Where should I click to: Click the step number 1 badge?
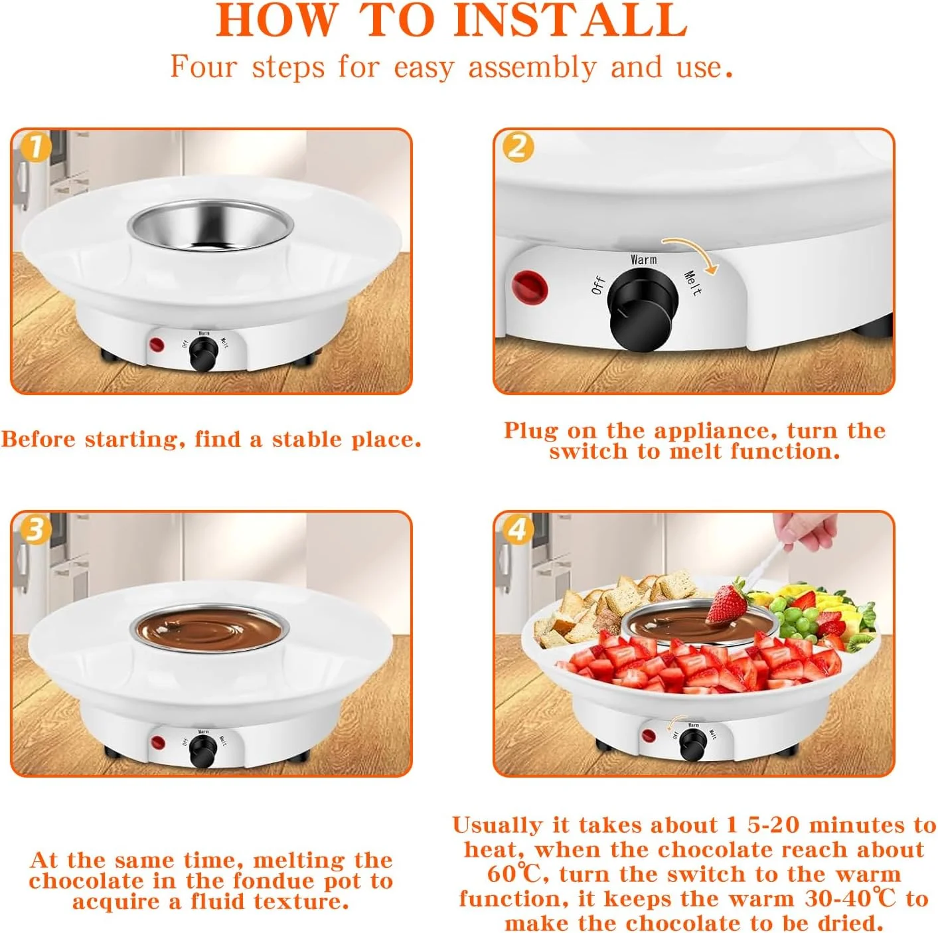36,146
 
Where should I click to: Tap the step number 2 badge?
518,146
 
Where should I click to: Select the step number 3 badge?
36,529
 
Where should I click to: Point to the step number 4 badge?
518,529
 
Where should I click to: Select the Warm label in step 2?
643,260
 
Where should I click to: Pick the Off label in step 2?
598,285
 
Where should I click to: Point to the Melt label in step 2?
693,283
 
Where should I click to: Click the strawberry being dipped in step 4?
727,604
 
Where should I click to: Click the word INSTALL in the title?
571,20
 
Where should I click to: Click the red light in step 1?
157,345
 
